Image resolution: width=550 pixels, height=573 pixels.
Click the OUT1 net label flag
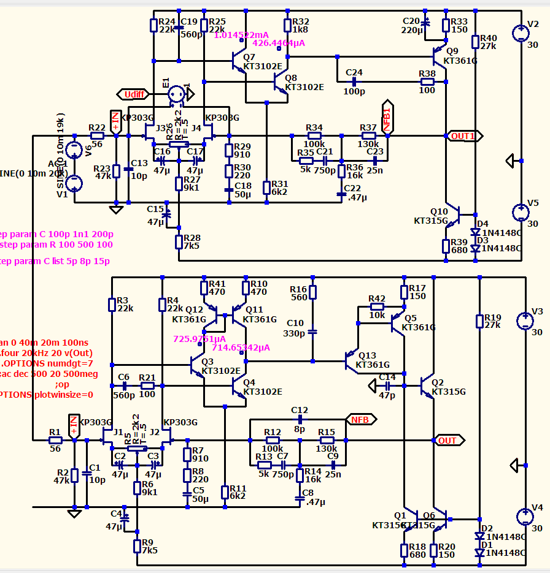click(x=465, y=135)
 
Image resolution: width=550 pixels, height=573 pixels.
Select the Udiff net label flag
click(x=134, y=94)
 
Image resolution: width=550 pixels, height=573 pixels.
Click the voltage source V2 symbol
click(x=521, y=34)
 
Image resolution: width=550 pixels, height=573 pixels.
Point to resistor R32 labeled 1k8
click(x=287, y=25)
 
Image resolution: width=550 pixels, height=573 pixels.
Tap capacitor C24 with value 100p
click(x=354, y=81)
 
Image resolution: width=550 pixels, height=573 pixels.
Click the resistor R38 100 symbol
click(x=427, y=81)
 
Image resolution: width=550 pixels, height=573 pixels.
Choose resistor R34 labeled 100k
click(x=314, y=135)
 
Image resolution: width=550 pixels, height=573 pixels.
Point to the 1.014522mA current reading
click(x=241, y=35)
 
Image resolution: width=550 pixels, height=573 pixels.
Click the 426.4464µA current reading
click(x=279, y=43)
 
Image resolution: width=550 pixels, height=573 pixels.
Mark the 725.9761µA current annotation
click(x=199, y=338)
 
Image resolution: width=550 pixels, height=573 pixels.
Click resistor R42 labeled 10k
click(x=377, y=306)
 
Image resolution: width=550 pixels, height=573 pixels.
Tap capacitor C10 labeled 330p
click(x=312, y=332)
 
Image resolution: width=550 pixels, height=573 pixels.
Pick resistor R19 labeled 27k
click(x=480, y=321)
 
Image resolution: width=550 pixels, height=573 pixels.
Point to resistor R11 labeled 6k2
click(x=225, y=491)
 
